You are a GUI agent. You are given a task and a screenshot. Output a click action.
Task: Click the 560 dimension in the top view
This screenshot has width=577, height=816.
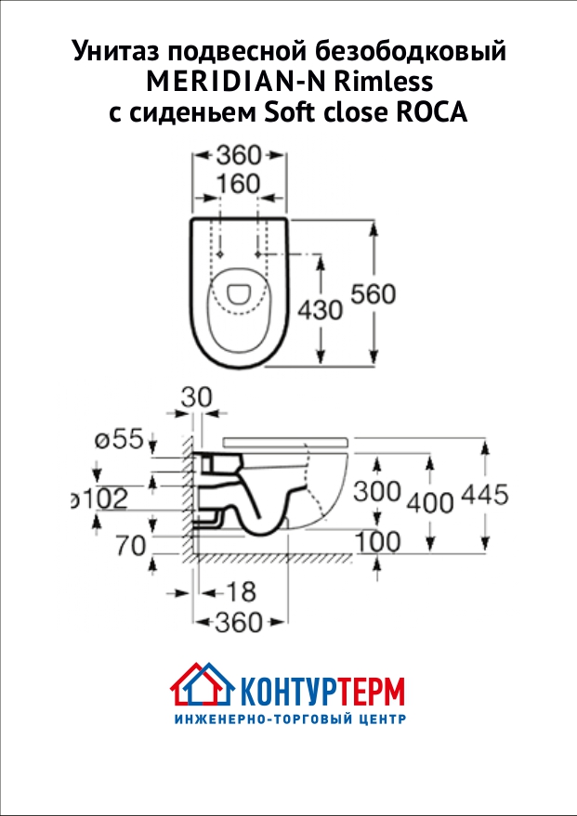point(373,294)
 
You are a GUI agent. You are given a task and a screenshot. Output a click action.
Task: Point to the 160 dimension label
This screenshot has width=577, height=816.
point(238,185)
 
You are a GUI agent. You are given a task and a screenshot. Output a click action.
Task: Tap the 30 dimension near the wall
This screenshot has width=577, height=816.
point(196,397)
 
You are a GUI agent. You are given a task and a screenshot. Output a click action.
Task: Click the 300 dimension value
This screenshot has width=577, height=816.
point(376,491)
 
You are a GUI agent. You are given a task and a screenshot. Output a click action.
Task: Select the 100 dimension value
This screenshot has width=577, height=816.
point(376,540)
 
